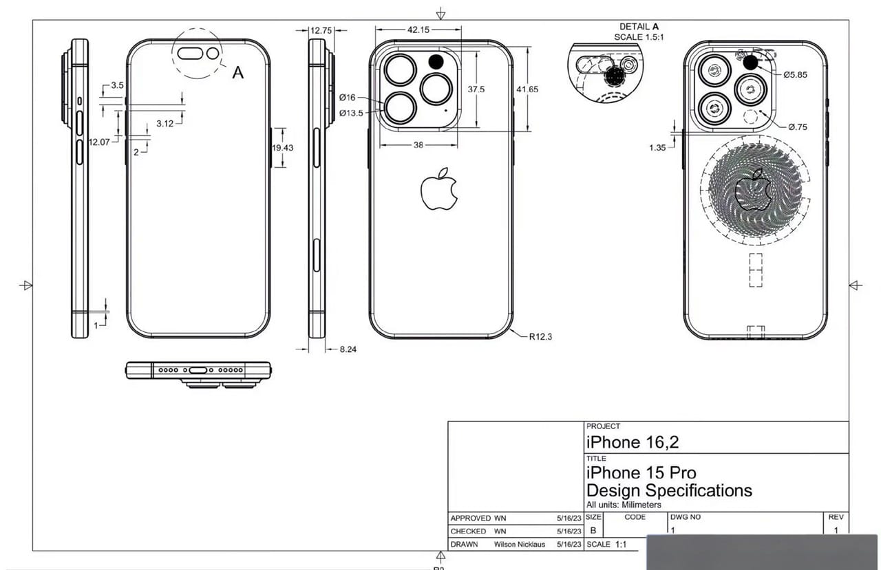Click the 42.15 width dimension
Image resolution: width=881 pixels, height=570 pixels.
tap(418, 30)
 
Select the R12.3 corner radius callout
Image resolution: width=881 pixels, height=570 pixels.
tap(541, 337)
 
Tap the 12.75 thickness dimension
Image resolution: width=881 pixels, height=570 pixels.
tap(321, 30)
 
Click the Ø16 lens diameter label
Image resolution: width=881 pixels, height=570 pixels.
tap(347, 98)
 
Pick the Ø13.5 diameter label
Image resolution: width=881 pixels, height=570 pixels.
tap(350, 113)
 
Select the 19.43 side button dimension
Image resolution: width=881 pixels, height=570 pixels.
tap(282, 148)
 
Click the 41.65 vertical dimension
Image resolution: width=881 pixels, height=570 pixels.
tap(527, 89)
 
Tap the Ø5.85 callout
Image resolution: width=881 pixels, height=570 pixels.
tap(795, 74)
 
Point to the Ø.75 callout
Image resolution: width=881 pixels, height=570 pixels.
tap(798, 127)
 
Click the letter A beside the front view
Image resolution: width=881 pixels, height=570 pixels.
tap(237, 72)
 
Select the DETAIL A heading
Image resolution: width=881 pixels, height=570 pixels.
tap(644, 27)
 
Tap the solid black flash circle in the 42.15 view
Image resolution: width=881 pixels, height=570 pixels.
tap(436, 62)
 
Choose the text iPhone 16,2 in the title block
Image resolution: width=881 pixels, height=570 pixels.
tap(632, 443)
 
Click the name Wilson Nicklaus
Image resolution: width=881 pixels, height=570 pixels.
tap(520, 544)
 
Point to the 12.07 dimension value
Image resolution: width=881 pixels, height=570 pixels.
tap(99, 142)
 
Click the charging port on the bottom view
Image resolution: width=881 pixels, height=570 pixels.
tap(198, 370)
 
